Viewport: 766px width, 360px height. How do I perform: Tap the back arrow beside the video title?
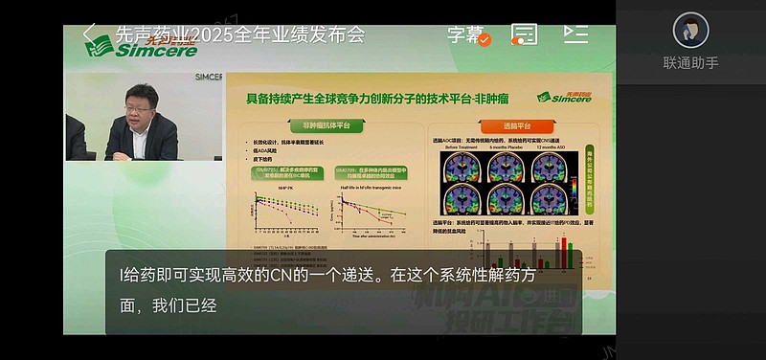[x=89, y=34]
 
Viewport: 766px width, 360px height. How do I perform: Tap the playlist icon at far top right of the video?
[x=575, y=34]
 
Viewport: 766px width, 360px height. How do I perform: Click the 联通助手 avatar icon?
[x=690, y=31]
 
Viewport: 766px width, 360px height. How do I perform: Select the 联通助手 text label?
[x=690, y=63]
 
